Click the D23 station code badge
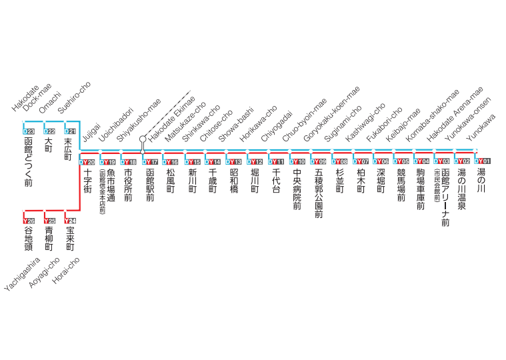29,131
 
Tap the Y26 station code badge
29,221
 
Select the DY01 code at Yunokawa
483,161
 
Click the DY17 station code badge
150,162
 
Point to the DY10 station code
297,161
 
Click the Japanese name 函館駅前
150,185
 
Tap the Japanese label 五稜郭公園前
319,193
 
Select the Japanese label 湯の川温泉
462,189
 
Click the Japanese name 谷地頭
29,239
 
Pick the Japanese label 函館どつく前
29,162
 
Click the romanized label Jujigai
91,132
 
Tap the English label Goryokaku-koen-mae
331,114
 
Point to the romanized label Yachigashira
22,274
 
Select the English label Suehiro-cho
74,97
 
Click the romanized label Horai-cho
66,271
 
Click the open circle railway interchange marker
143,139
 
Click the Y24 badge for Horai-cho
70,221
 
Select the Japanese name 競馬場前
401,185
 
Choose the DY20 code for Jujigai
87,162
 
